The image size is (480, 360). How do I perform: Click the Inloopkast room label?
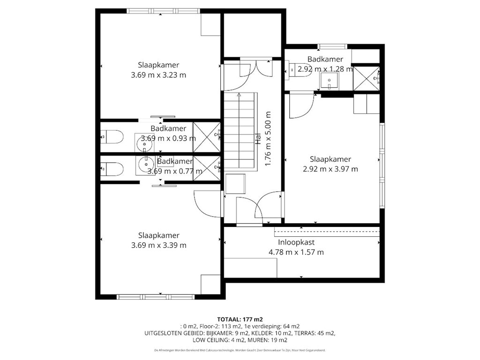(296, 242)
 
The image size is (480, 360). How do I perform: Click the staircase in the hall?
(240, 131)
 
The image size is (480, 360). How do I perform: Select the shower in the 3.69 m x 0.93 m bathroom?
(206, 136)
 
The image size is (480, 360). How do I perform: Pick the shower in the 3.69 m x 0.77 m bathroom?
(206, 166)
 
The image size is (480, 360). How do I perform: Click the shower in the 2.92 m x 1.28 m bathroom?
(366, 77)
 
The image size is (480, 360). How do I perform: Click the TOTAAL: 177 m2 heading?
(240, 319)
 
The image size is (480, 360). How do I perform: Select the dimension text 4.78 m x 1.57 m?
(296, 252)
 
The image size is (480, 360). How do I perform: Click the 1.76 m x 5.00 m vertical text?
(268, 138)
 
